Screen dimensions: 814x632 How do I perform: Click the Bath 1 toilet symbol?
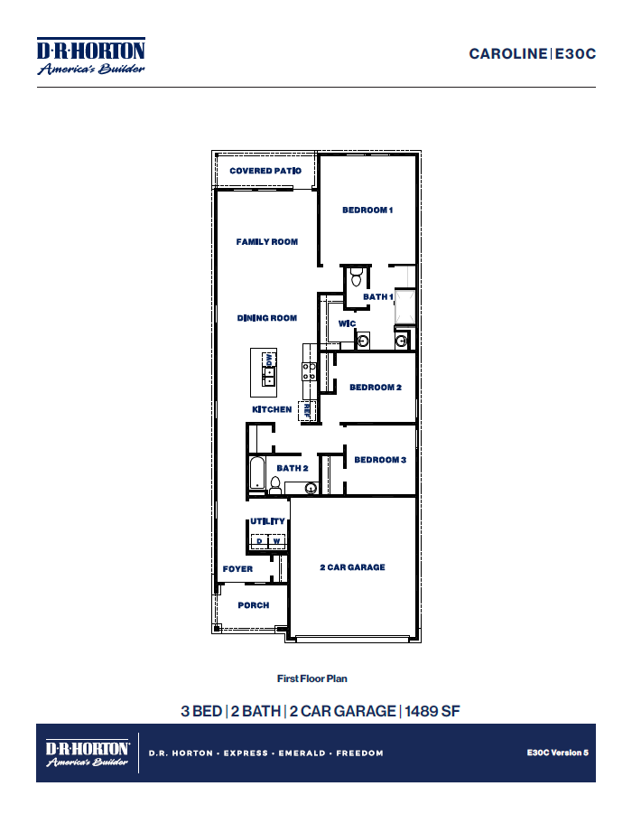click(356, 276)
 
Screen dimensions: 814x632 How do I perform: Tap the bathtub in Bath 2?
click(256, 475)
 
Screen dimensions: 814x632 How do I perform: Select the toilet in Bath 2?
click(274, 485)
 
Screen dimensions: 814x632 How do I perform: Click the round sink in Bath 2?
click(311, 489)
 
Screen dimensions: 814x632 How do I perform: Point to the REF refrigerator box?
click(307, 409)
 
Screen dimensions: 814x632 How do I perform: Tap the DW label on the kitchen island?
click(269, 359)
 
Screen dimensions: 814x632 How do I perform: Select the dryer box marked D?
click(259, 541)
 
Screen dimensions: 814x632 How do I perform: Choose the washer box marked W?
click(277, 541)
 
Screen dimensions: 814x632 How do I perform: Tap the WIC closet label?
click(347, 323)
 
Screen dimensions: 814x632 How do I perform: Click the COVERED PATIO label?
click(264, 171)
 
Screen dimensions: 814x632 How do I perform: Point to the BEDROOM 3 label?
click(380, 460)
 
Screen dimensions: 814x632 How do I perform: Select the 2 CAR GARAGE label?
click(352, 567)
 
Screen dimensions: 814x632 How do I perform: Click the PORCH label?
click(254, 605)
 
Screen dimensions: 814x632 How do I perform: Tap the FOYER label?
click(237, 569)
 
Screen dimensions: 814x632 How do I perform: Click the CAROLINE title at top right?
click(507, 53)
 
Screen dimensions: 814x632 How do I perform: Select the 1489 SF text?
click(432, 711)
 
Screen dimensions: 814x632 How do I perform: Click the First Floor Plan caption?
click(311, 678)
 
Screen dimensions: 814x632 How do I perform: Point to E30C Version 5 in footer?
click(558, 752)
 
